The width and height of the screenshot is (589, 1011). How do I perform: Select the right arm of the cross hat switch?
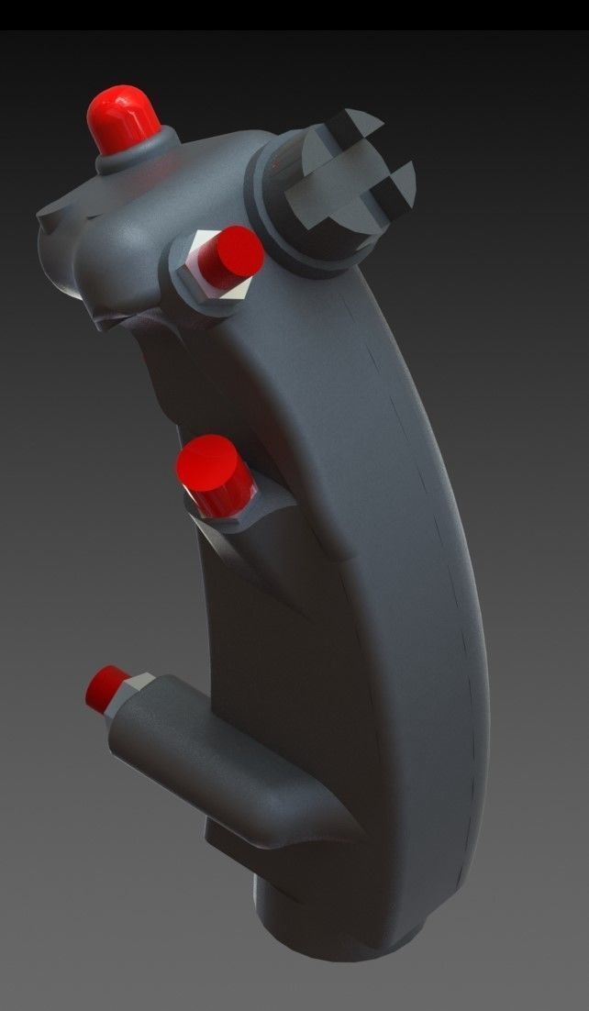tap(396, 183)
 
